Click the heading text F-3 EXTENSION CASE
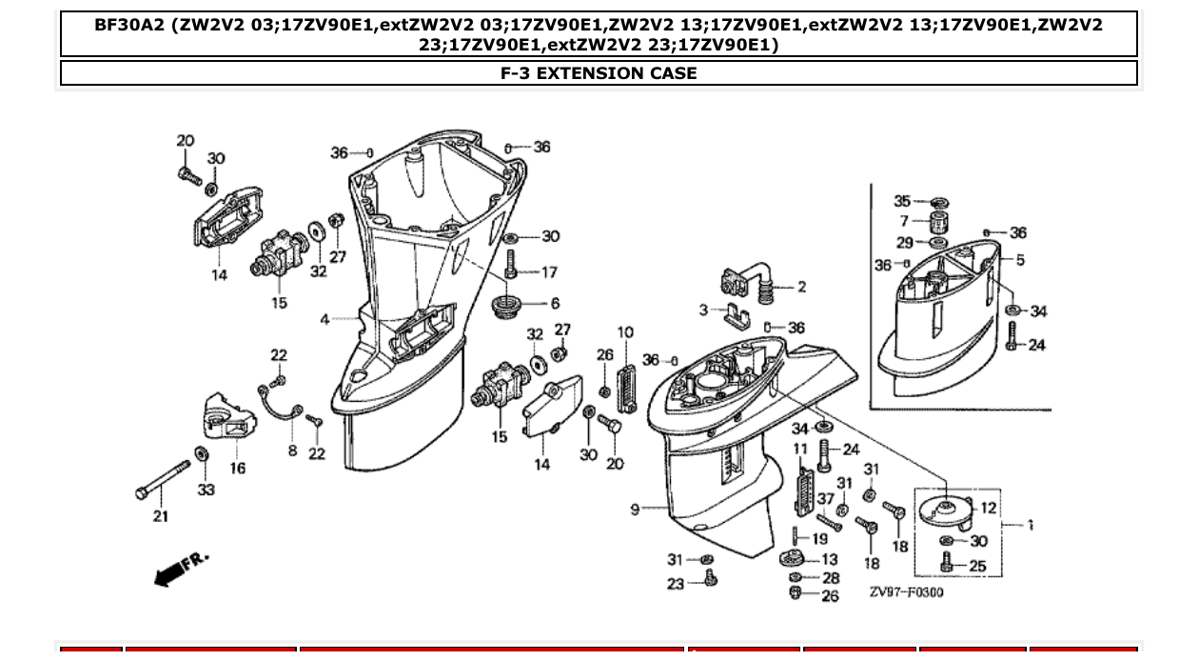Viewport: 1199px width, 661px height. pos(599,73)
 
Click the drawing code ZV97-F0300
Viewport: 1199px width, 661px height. pos(906,592)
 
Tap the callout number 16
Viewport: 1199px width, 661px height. pos(237,468)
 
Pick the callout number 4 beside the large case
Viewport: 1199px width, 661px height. pos(324,319)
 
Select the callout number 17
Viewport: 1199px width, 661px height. pos(549,272)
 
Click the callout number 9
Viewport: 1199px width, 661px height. pos(635,510)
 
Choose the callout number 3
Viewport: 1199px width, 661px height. pos(703,310)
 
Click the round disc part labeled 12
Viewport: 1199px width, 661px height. pos(940,506)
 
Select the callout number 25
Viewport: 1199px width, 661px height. pos(977,566)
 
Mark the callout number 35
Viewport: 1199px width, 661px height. pos(902,201)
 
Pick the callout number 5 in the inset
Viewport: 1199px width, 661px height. pos(1020,260)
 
